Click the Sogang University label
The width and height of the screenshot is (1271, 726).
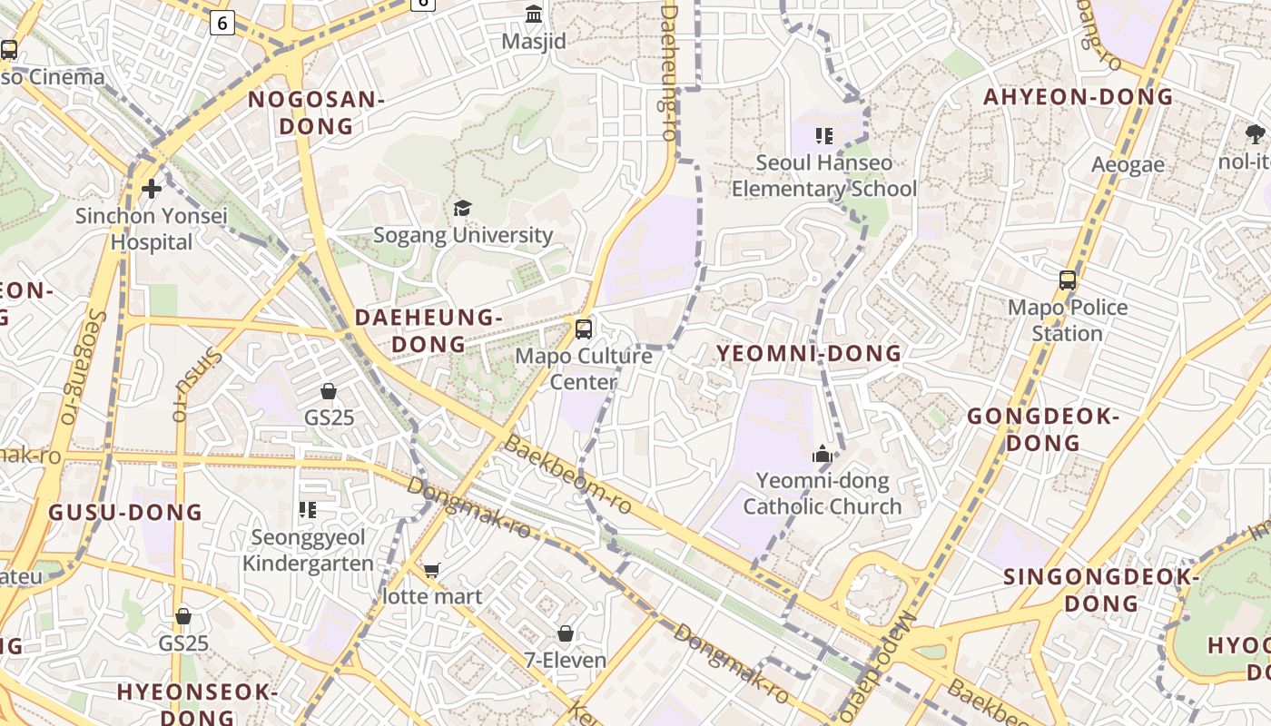click(x=463, y=235)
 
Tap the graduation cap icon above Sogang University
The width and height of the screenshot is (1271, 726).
click(x=463, y=209)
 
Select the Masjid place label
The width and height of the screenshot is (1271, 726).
click(x=534, y=42)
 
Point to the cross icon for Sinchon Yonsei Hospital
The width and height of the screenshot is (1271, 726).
click(x=152, y=189)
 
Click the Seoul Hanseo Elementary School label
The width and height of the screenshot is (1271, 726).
click(x=824, y=176)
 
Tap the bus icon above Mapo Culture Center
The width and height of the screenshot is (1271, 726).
click(x=584, y=329)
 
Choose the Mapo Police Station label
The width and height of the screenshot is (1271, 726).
click(x=1068, y=320)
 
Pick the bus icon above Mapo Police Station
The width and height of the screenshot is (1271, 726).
click(x=1068, y=280)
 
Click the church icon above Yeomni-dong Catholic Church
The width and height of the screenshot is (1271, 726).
click(x=823, y=454)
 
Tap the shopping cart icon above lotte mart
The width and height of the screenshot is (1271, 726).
click(x=432, y=570)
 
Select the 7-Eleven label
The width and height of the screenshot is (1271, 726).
click(x=566, y=660)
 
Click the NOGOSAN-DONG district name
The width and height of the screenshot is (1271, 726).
click(x=316, y=113)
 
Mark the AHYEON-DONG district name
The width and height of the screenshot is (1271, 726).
click(x=1079, y=97)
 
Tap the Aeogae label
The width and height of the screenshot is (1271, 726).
click(x=1128, y=165)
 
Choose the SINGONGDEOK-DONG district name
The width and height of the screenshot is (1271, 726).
click(x=1101, y=590)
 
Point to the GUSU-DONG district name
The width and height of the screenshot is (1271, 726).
click(x=125, y=513)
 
